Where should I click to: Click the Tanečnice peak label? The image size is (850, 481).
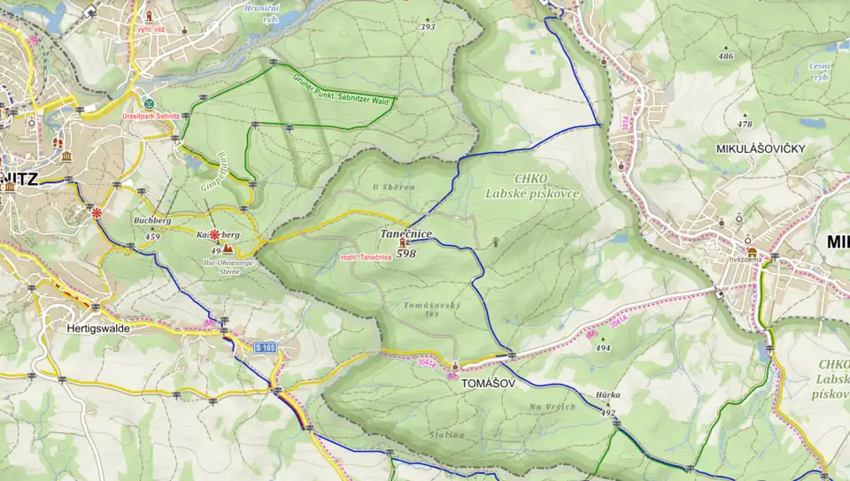tap(406, 233)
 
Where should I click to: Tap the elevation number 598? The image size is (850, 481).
tap(406, 254)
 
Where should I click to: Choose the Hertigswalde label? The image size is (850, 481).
tap(98, 327)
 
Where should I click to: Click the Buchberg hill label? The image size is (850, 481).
tap(151, 220)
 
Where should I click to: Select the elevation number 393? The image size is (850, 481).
tap(428, 27)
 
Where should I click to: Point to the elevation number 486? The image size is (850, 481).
tap(726, 57)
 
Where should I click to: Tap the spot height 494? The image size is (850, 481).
tap(603, 348)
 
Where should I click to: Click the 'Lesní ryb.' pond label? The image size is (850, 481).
tap(821, 72)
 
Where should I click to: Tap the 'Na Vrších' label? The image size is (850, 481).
tap(552, 407)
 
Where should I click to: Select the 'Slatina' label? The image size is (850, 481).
tap(448, 434)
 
